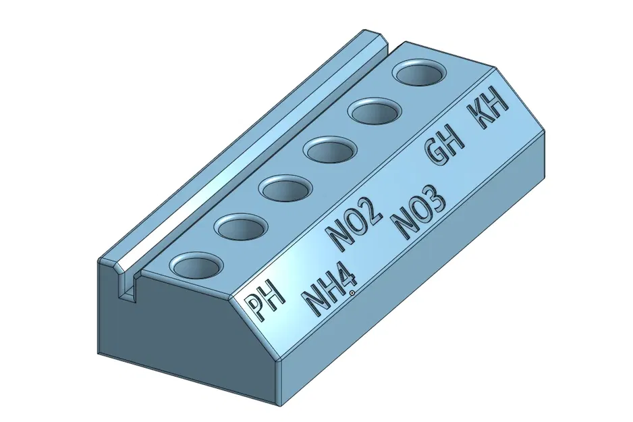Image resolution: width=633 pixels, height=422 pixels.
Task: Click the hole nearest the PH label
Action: (196, 266)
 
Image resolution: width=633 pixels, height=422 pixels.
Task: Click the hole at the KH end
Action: (417, 72)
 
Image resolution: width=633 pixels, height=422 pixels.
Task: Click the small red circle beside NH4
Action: (352, 292)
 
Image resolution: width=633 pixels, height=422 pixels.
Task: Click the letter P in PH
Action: (254, 309)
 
